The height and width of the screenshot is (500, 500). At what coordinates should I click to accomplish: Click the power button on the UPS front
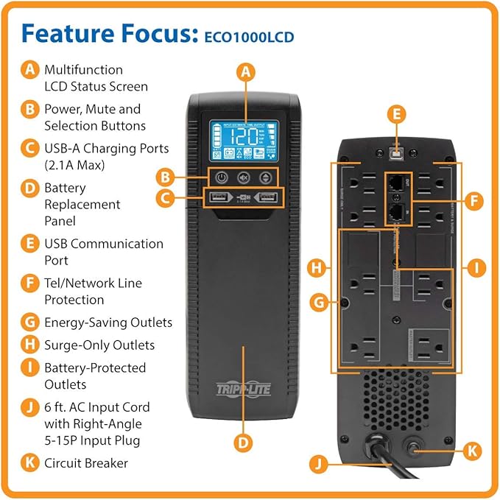tap(220, 177)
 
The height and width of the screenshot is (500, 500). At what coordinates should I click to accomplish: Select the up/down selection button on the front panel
tap(266, 177)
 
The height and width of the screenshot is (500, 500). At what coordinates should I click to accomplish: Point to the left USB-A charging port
tap(218, 198)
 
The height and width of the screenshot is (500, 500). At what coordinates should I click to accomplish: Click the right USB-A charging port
tap(268, 198)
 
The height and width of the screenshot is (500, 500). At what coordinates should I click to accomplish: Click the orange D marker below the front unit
tap(244, 442)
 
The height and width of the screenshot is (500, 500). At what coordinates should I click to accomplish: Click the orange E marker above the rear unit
tap(397, 113)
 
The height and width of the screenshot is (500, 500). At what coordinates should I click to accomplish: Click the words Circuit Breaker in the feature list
tap(86, 463)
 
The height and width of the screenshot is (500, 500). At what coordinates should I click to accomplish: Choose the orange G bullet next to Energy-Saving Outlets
tap(30, 322)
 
